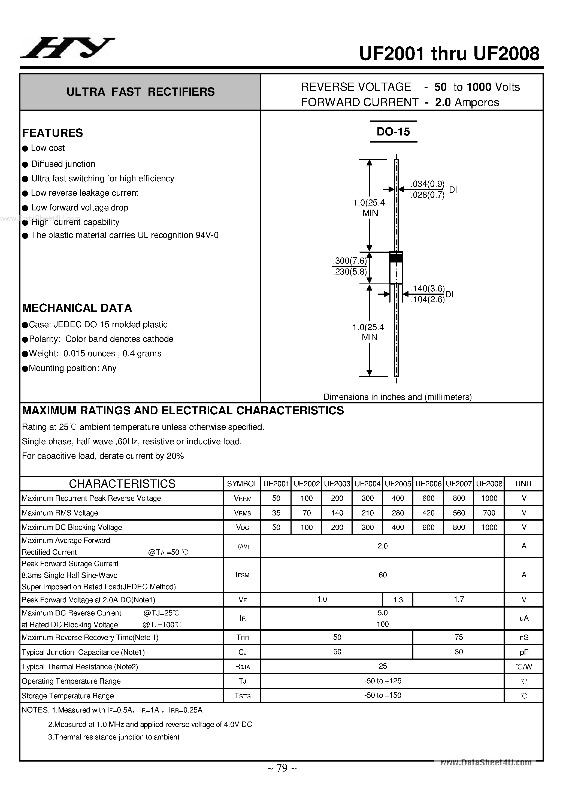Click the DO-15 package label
(x=393, y=132)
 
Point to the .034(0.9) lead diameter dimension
(x=427, y=184)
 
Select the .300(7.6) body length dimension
(x=350, y=261)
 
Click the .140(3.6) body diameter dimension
(x=428, y=288)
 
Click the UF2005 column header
(x=398, y=484)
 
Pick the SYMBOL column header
(x=242, y=484)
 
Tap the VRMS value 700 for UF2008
(x=489, y=513)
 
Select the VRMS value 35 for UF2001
(x=276, y=513)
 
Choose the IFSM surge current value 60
(x=383, y=575)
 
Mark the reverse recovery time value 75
(x=459, y=637)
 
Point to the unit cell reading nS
(x=524, y=637)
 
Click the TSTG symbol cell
(x=242, y=696)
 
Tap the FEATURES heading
(x=52, y=133)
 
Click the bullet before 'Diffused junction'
(x=25, y=164)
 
